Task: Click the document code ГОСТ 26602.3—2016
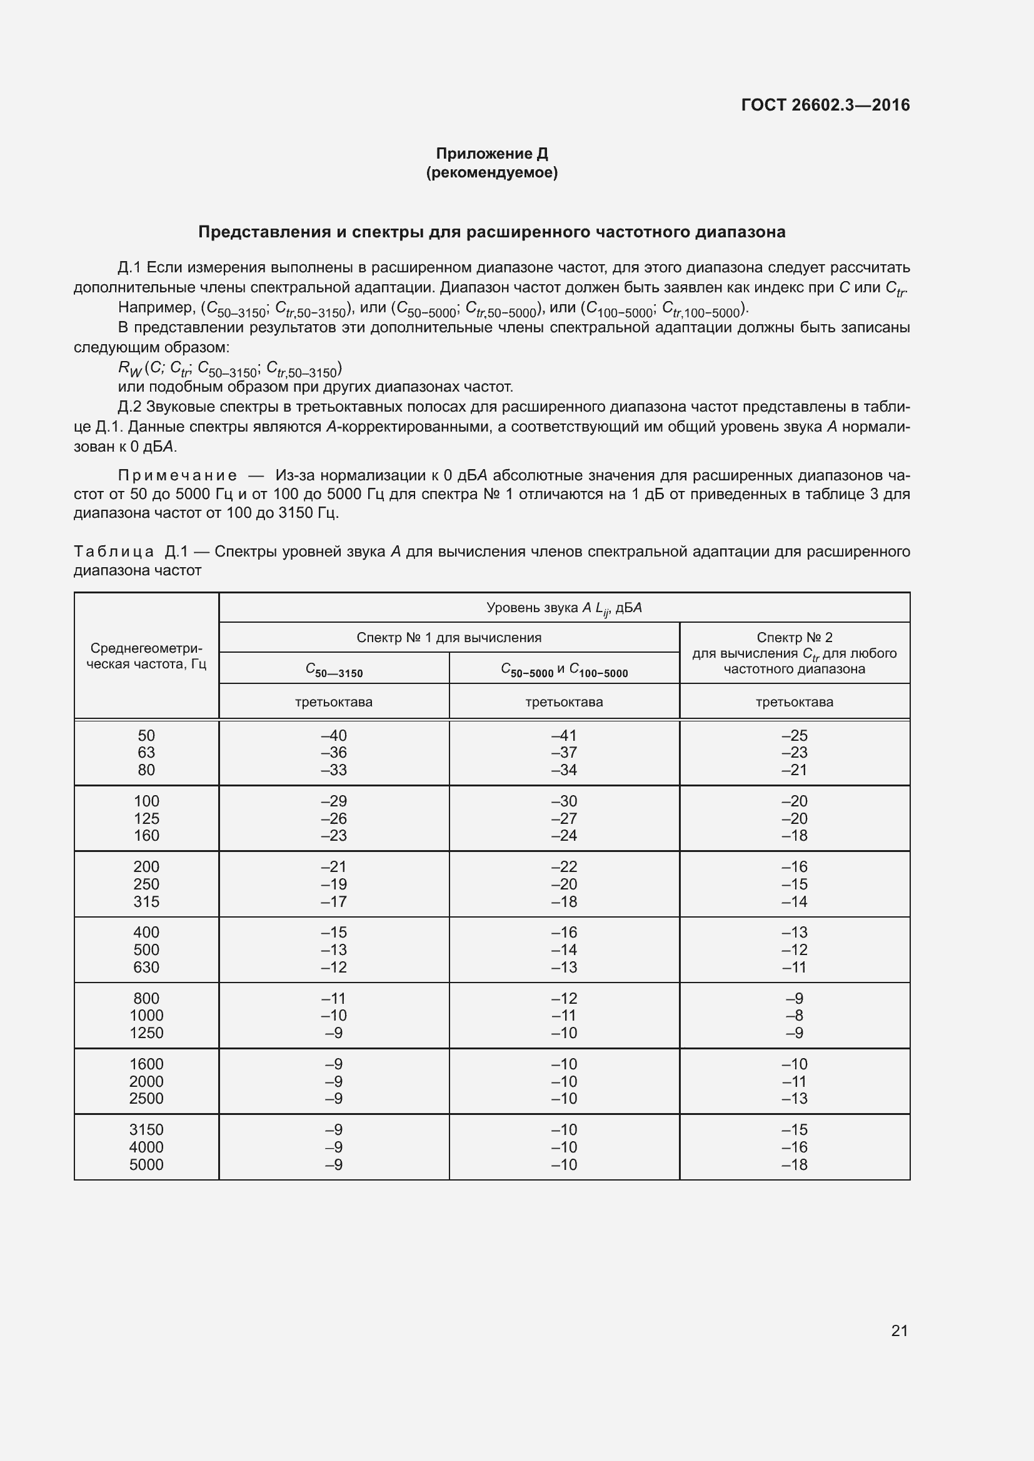pyautogui.click(x=825, y=105)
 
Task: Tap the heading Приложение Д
pyautogui.click(x=491, y=154)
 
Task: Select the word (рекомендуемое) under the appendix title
pyautogui.click(x=491, y=172)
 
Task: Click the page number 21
pyautogui.click(x=899, y=1330)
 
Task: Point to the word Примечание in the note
pyautogui.click(x=178, y=475)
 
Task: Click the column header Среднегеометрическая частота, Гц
pyautogui.click(x=146, y=656)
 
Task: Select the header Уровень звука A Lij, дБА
pyautogui.click(x=563, y=608)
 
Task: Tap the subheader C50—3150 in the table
pyautogui.click(x=334, y=670)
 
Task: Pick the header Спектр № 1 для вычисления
pyautogui.click(x=449, y=638)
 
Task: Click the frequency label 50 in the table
pyautogui.click(x=146, y=736)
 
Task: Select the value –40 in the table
pyautogui.click(x=334, y=736)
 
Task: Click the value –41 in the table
pyautogui.click(x=563, y=736)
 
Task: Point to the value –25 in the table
pyautogui.click(x=794, y=736)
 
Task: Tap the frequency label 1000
pyautogui.click(x=146, y=1016)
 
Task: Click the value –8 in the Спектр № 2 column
pyautogui.click(x=794, y=1016)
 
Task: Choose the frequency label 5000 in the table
pyautogui.click(x=146, y=1164)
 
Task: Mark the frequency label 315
pyautogui.click(x=146, y=902)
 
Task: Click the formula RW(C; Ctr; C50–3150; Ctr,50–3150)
pyautogui.click(x=230, y=369)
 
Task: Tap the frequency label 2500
pyautogui.click(x=146, y=1098)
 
